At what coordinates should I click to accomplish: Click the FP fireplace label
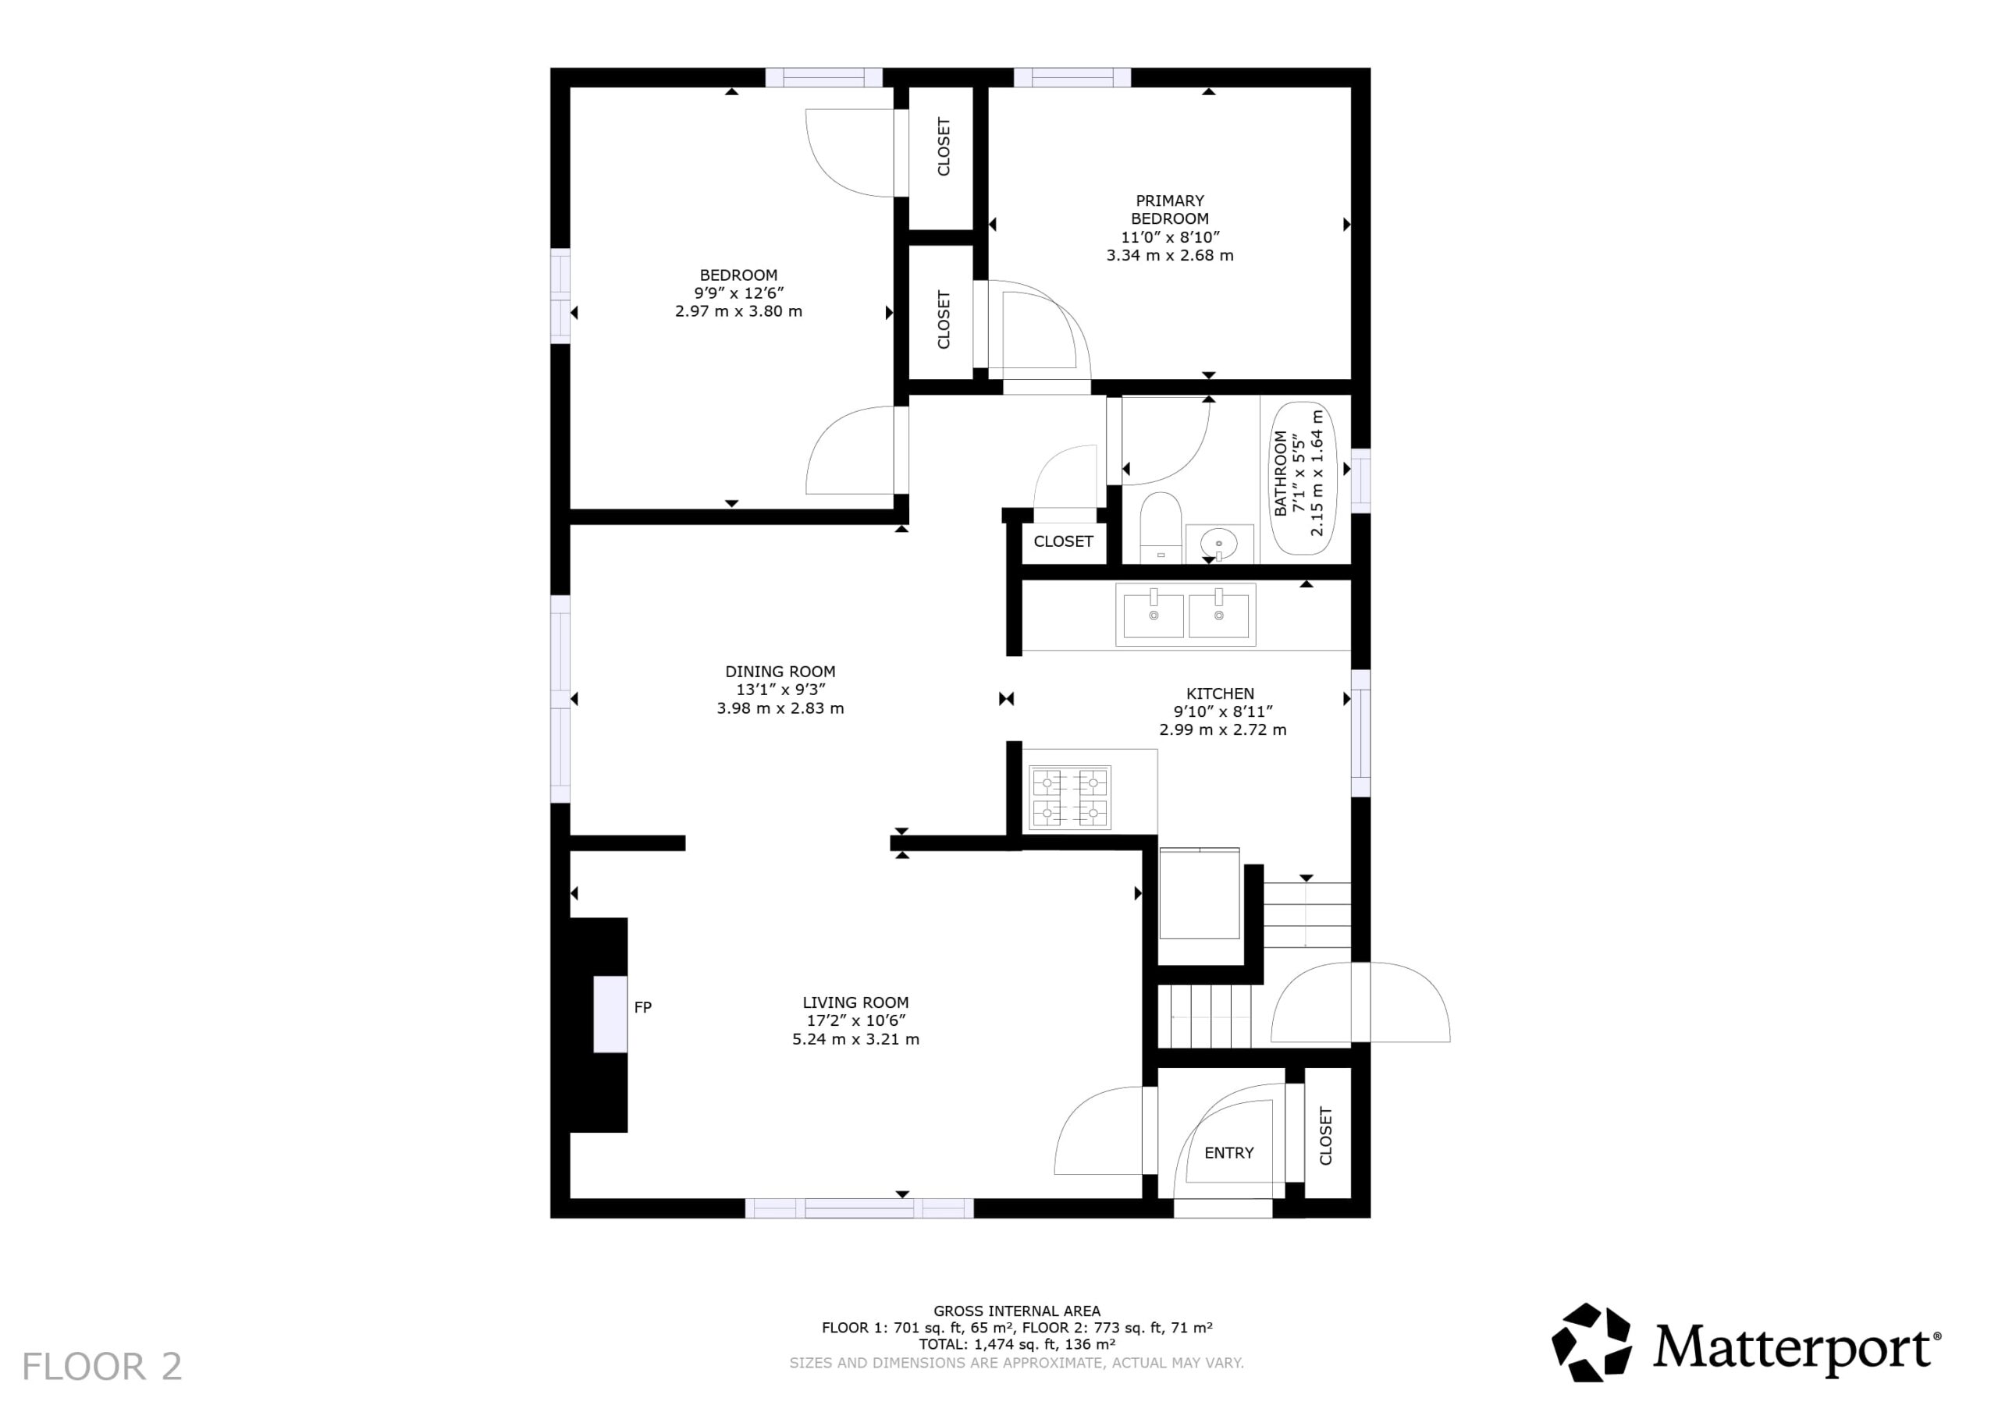[643, 1007]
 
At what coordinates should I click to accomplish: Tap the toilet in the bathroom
[1160, 528]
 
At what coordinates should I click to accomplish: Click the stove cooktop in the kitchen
[1070, 797]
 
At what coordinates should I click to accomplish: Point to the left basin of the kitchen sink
[1154, 615]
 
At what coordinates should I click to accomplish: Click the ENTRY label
[1228, 1153]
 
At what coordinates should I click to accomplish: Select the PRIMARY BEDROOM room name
[1170, 210]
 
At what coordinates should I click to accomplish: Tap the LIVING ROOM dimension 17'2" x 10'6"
[856, 1020]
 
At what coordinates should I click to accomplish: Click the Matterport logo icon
[1591, 1343]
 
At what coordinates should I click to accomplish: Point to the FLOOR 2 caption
[101, 1367]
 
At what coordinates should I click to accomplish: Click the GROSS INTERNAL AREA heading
[1016, 1311]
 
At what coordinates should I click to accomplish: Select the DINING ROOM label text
[780, 672]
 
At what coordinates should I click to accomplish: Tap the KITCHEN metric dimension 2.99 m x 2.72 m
[1223, 730]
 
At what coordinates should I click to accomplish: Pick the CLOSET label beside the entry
[1325, 1135]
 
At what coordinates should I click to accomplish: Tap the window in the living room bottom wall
[859, 1208]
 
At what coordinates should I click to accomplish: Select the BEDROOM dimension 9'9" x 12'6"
[739, 293]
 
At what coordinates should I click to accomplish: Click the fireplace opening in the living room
[610, 1014]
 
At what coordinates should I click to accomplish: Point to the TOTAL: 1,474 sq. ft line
[1017, 1344]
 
